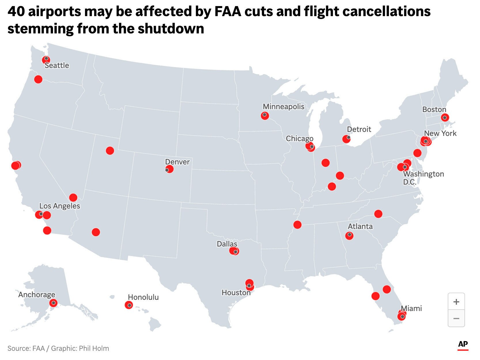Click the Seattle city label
point(57,65)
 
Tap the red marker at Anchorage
point(53,303)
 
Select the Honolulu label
point(143,297)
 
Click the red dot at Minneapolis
point(265,115)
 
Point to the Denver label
point(177,162)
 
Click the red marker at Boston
point(445,117)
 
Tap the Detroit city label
point(359,129)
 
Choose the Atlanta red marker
point(349,236)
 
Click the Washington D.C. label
point(423,178)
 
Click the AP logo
point(463,344)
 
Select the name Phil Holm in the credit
point(94,348)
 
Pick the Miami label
point(411,308)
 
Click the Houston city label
point(236,293)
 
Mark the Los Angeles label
point(60,206)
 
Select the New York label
point(440,133)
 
